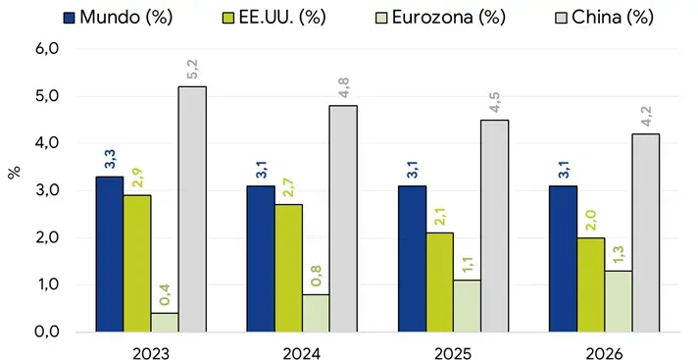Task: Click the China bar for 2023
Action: pos(192,209)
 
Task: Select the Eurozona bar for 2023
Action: pos(165,322)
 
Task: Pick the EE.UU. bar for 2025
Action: pos(439,283)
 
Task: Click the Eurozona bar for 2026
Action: pos(618,301)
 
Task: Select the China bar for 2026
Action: pos(645,232)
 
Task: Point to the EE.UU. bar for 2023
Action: pos(137,263)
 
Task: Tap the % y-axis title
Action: pos(14,172)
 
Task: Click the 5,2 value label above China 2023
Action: pos(192,68)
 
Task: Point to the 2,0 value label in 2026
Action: pos(590,219)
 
